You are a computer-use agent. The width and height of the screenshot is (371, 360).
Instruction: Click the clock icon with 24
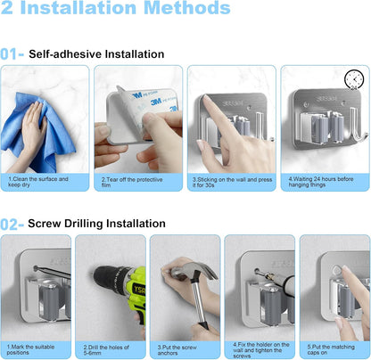click(x=354, y=79)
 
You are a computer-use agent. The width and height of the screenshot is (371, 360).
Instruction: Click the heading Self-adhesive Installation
click(x=96, y=54)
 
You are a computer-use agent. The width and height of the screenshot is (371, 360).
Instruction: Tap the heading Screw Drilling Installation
click(x=96, y=224)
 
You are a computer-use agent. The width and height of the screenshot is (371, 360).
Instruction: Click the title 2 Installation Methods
click(x=115, y=8)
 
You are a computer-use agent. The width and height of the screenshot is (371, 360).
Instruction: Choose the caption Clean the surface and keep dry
click(x=38, y=182)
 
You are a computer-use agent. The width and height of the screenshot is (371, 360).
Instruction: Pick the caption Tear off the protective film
click(x=132, y=183)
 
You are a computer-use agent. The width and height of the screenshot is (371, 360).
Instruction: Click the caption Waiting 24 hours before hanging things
click(x=321, y=182)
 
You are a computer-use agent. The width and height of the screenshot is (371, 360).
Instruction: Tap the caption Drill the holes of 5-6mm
click(x=106, y=350)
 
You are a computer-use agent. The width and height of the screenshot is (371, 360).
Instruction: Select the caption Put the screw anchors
click(x=177, y=350)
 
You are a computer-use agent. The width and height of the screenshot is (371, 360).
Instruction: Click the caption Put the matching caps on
click(x=331, y=349)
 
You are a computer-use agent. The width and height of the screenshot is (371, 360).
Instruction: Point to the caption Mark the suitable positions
click(x=30, y=349)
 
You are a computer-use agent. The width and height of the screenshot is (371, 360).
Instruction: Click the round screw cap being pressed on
click(x=336, y=270)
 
